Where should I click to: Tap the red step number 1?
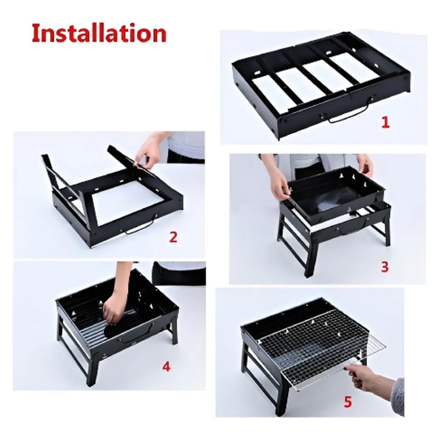(385, 122)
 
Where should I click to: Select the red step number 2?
(173, 237)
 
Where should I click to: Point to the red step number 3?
(384, 267)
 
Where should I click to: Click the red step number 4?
(166, 366)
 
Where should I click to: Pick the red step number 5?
(347, 402)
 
